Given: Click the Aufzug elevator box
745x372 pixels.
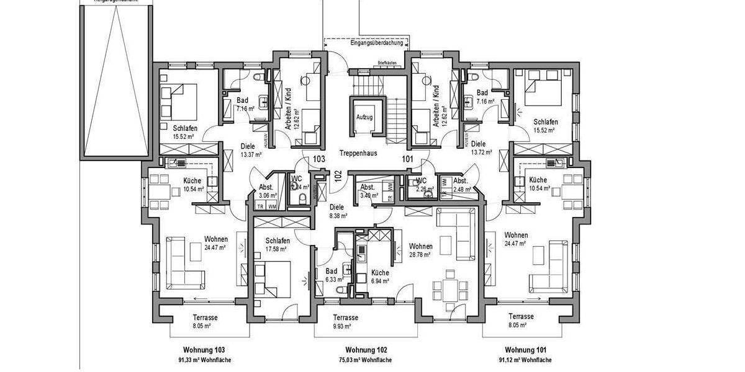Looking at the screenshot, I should pyautogui.click(x=364, y=117).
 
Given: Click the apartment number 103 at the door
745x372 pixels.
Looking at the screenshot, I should pyautogui.click(x=319, y=159).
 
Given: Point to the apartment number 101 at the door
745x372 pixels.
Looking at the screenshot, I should pyautogui.click(x=408, y=159).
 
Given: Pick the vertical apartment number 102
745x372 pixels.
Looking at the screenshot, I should pyautogui.click(x=338, y=175).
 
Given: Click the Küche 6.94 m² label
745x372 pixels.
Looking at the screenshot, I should pyautogui.click(x=380, y=277).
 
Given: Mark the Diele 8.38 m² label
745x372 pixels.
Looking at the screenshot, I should pyautogui.click(x=338, y=212).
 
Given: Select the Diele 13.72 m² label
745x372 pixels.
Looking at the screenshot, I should pyautogui.click(x=481, y=147).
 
